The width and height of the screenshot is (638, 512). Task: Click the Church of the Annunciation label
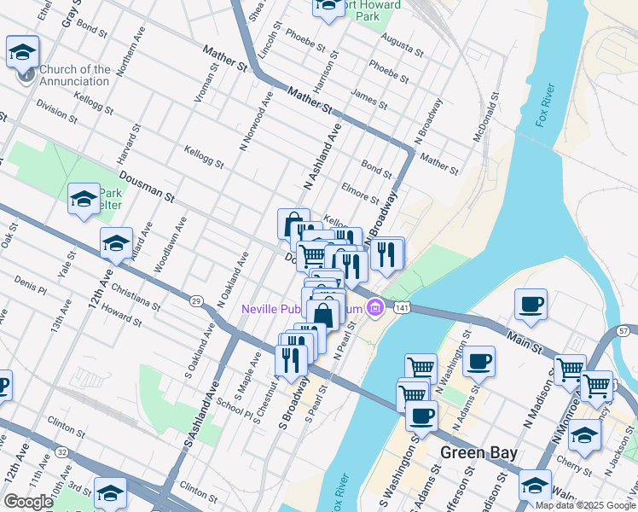tap(74, 75)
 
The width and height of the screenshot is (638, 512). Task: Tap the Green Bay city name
tap(478, 452)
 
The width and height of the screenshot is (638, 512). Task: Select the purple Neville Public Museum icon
tap(374, 308)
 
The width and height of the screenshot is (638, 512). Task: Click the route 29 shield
tap(196, 301)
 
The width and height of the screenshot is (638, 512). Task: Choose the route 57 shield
tap(623, 330)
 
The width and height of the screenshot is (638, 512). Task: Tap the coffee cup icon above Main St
tap(531, 305)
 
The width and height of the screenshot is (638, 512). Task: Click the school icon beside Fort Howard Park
tap(328, 8)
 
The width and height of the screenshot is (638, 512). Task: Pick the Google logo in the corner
tap(28, 502)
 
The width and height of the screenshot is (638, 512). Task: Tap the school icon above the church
tap(22, 52)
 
